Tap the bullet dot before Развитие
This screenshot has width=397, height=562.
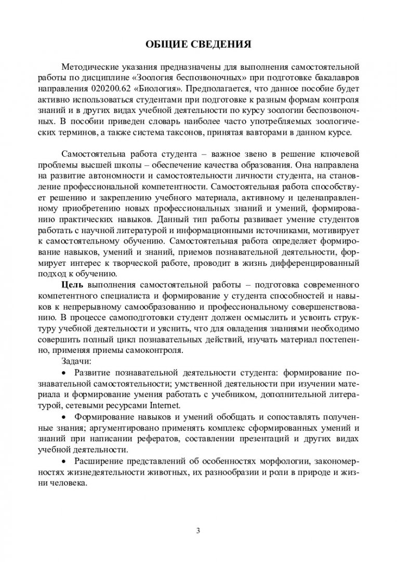(64, 373)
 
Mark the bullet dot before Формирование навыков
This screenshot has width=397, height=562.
(64, 418)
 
